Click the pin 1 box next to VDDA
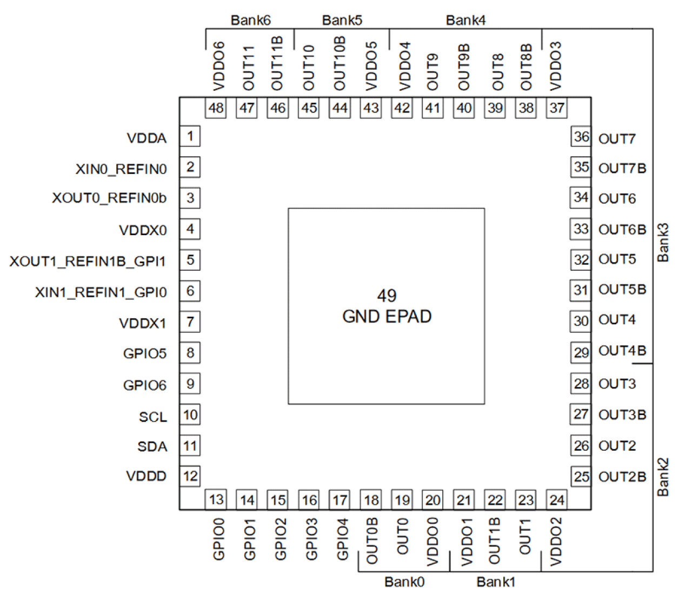[190, 136]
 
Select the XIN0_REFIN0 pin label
[121, 169]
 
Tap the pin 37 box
[557, 108]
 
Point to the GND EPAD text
[387, 317]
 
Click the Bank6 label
[250, 21]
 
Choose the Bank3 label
[663, 243]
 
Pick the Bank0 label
[404, 582]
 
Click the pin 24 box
[557, 500]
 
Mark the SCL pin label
[153, 417]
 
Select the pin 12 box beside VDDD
[190, 476]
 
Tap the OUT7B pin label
[622, 169]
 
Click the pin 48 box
[216, 108]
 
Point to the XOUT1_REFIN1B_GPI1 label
[88, 262]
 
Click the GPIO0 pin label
[218, 539]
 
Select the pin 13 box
[216, 500]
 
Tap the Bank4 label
[465, 21]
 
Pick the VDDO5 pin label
[371, 66]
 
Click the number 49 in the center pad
[387, 296]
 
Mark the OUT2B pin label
[622, 477]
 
